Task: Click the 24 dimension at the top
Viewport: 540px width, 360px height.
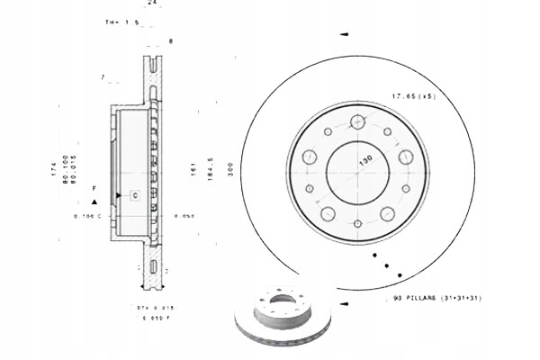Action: click(152, 4)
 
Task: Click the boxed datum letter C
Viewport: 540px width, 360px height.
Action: click(134, 194)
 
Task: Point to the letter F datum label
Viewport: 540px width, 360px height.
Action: click(93, 187)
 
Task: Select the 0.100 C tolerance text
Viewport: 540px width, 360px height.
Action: click(87, 217)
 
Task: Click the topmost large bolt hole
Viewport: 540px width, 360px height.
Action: click(358, 121)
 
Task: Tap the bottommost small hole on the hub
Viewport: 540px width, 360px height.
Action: click(357, 222)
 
